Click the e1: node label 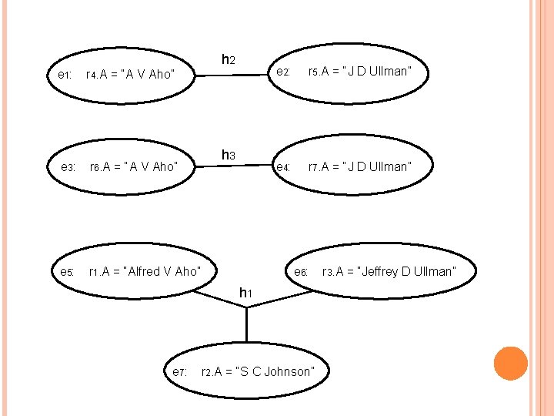point(65,75)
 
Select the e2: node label point(282,72)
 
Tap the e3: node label point(68,167)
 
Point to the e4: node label point(282,167)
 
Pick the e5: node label point(67,272)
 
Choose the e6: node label point(301,272)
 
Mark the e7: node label point(179,372)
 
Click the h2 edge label point(229,59)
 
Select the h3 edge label point(229,156)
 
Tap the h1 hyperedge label point(246,293)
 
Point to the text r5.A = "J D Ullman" point(359,72)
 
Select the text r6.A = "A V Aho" point(133,166)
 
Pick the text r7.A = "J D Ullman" point(360,166)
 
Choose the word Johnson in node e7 point(289,372)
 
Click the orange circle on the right point(510,364)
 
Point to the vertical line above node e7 point(246,324)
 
